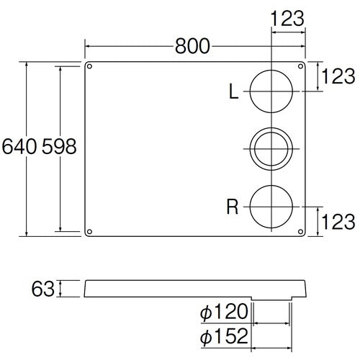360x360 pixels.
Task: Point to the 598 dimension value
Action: tap(58, 147)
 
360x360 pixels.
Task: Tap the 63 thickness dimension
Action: tap(43, 289)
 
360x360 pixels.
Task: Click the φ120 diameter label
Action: tap(224, 312)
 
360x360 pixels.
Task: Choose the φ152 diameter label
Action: tap(224, 336)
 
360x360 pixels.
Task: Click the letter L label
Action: tap(233, 91)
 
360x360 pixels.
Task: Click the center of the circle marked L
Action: tap(271, 91)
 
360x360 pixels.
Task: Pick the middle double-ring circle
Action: tap(271, 149)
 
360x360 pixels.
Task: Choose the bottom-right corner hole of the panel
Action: tap(300, 231)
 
